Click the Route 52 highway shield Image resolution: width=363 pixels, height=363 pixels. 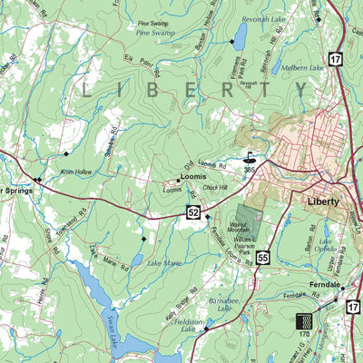(x=194, y=212)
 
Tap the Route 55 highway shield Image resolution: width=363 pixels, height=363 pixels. (x=262, y=259)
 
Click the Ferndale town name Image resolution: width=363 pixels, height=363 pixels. (x=324, y=285)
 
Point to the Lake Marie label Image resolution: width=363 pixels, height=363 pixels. (x=165, y=263)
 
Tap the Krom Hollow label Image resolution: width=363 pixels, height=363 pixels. (x=76, y=172)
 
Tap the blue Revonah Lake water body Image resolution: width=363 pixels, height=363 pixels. (x=240, y=36)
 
